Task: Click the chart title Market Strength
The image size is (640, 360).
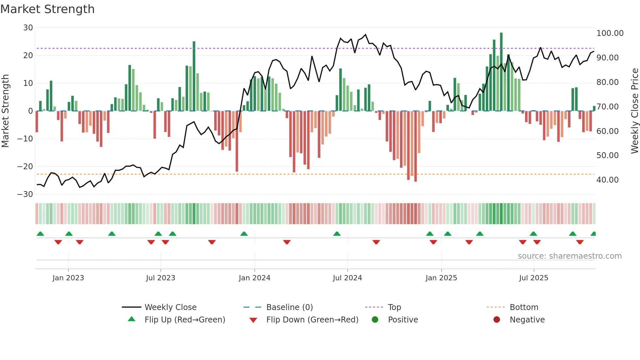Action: click(47, 9)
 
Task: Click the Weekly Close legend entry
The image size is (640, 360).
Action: click(170, 307)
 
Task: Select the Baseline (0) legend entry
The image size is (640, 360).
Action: click(289, 307)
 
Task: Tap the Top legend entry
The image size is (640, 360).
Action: click(394, 307)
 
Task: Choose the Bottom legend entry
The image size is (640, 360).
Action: click(524, 307)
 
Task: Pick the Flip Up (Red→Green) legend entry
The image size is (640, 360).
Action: click(184, 319)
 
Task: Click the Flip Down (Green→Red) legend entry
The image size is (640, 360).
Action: click(312, 319)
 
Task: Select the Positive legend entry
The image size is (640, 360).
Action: click(403, 319)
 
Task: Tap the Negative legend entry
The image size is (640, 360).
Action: click(527, 319)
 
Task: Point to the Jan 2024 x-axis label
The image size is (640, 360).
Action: click(254, 278)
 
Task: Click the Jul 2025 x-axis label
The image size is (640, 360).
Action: click(534, 278)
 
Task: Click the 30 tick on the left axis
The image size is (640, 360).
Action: click(28, 28)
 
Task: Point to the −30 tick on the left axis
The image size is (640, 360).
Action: click(25, 194)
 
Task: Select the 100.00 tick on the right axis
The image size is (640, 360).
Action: click(610, 33)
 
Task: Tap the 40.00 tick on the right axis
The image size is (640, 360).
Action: click(607, 180)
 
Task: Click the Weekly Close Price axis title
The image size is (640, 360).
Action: click(634, 111)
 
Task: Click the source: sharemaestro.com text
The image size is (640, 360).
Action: click(569, 256)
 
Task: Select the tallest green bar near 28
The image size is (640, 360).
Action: click(501, 72)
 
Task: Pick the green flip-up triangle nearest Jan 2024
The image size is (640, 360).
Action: click(244, 234)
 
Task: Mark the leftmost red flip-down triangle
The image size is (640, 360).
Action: click(58, 242)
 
